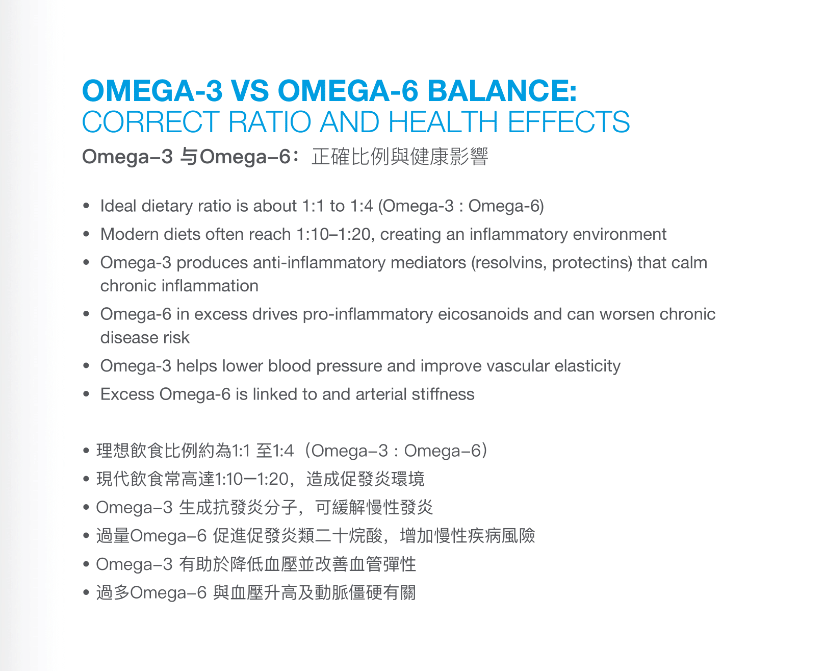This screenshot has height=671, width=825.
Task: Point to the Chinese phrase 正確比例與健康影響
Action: tap(400, 157)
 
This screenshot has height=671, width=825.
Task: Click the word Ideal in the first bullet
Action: tap(118, 206)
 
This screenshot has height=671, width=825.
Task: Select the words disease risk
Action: tap(145, 338)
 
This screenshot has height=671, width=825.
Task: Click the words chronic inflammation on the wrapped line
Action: tap(179, 286)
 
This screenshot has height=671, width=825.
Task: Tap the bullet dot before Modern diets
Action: tap(87, 235)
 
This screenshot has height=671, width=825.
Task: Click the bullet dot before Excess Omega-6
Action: tap(87, 394)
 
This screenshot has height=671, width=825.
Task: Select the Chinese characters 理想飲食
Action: tap(130, 451)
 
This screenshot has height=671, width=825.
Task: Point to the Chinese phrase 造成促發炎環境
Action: tap(365, 479)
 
